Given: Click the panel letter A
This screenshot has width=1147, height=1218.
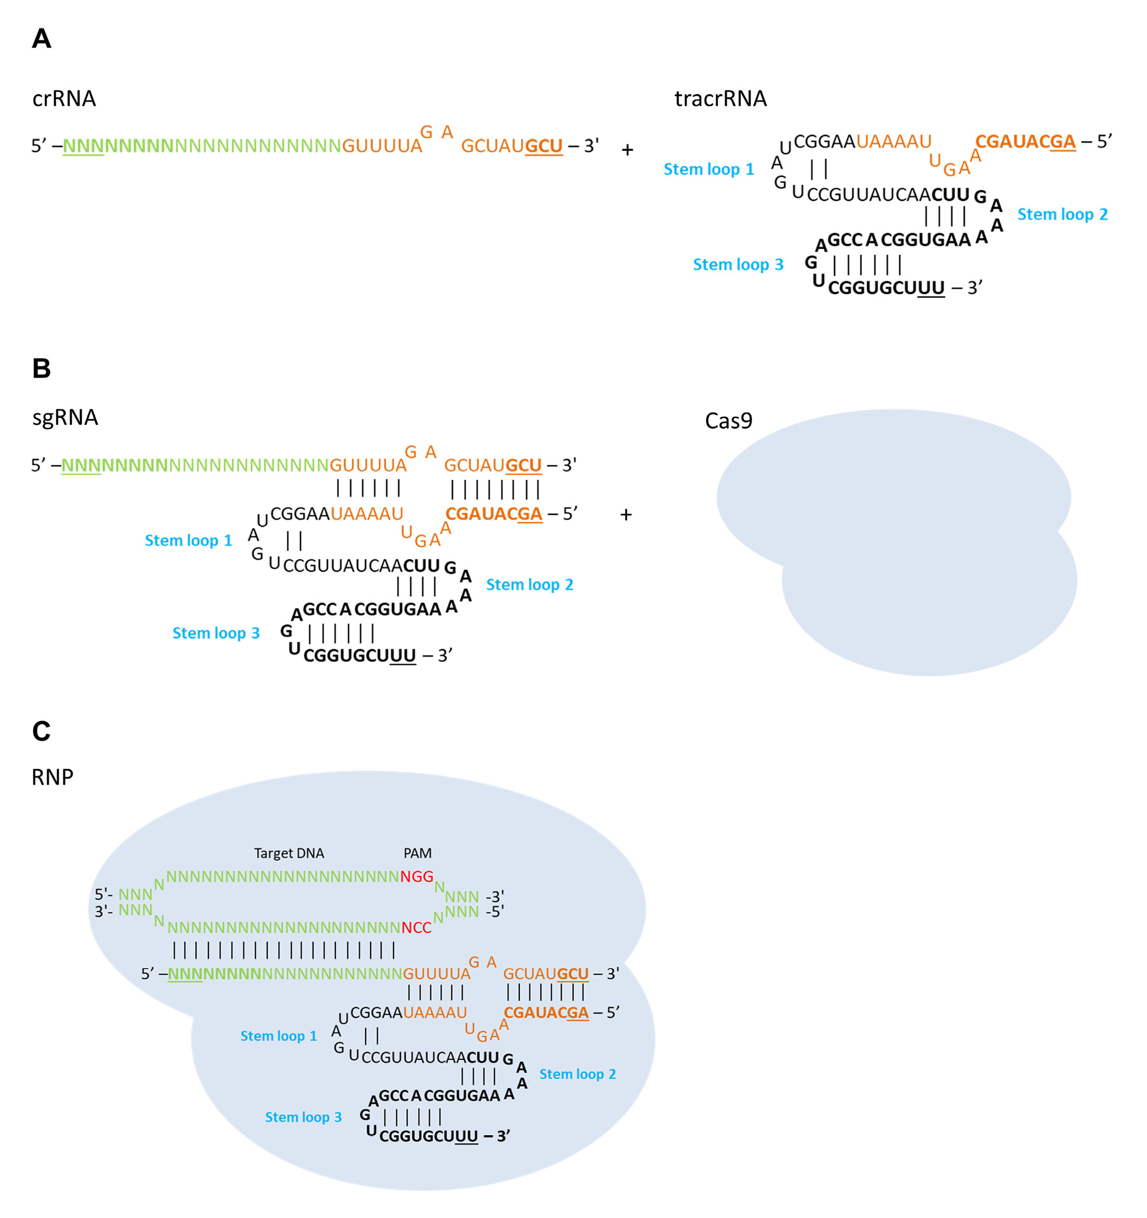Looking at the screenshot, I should tap(42, 39).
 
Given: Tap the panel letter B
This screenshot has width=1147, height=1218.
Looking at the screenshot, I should tap(42, 368).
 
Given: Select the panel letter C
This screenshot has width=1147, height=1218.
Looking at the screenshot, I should tap(42, 731).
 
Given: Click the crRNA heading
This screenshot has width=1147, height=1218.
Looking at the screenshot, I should tap(64, 99).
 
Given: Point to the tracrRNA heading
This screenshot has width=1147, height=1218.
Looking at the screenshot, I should tap(720, 99).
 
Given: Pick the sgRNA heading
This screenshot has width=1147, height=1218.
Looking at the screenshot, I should tap(65, 417).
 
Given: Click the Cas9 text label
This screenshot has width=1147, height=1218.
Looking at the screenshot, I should tap(728, 421).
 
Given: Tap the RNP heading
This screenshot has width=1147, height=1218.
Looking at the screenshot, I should tap(52, 777).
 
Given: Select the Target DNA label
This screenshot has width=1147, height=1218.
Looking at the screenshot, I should tap(288, 853).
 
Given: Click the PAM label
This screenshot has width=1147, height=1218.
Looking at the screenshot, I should tap(418, 853).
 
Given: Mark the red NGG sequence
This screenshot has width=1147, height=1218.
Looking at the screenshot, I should tap(417, 876).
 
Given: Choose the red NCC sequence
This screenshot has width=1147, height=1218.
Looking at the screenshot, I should tap(417, 927).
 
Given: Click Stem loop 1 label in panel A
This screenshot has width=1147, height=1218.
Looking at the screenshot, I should tap(709, 169).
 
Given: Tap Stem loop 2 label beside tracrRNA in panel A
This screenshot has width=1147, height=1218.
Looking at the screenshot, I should tap(1062, 215).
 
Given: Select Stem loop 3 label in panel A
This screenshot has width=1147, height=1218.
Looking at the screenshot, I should tap(738, 265).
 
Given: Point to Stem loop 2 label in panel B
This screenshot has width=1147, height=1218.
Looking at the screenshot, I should tap(530, 585).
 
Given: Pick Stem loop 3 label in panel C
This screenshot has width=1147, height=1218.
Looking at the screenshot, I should tap(303, 1117).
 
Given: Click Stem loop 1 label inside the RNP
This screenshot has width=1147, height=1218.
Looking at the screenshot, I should tap(278, 1035).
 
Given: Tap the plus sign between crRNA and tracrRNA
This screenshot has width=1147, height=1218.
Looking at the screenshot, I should tap(627, 150).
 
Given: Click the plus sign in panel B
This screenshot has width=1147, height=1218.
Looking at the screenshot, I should tap(626, 514).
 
